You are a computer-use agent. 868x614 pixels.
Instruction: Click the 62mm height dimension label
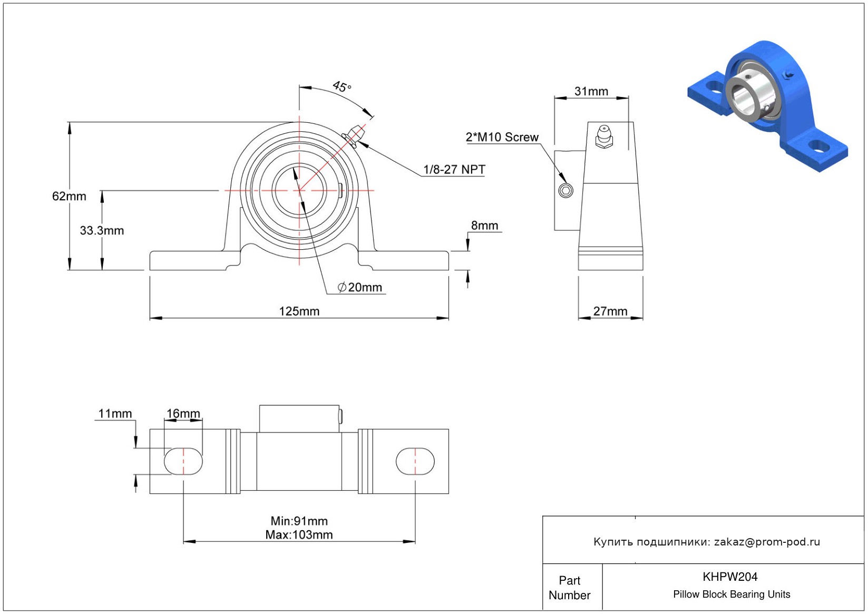(69, 196)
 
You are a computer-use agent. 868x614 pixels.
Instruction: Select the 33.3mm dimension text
(102, 230)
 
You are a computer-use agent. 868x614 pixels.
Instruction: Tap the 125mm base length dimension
(299, 311)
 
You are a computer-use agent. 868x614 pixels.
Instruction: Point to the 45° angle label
(342, 86)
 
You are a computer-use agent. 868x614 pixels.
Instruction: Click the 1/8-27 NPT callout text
(454, 169)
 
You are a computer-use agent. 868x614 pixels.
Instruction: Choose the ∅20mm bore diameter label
(360, 287)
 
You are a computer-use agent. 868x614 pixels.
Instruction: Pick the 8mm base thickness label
(484, 226)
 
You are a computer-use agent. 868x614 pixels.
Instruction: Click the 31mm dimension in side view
(591, 91)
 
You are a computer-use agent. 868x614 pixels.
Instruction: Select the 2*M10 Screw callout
(502, 137)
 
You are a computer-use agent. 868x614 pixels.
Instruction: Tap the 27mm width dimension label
(610, 311)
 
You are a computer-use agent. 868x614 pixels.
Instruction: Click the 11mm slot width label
(115, 414)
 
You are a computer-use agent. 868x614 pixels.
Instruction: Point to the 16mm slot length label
(183, 414)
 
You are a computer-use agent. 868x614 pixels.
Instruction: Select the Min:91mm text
(299, 521)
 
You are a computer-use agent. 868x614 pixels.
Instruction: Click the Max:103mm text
(299, 534)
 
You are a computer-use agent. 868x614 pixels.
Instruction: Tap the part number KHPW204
(730, 577)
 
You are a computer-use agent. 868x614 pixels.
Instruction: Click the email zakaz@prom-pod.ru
(767, 542)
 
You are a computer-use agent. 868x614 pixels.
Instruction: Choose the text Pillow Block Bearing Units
(732, 594)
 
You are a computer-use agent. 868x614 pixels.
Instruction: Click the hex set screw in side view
(565, 190)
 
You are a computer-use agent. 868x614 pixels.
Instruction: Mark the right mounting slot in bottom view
(415, 461)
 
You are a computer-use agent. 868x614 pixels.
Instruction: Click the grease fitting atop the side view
(604, 136)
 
